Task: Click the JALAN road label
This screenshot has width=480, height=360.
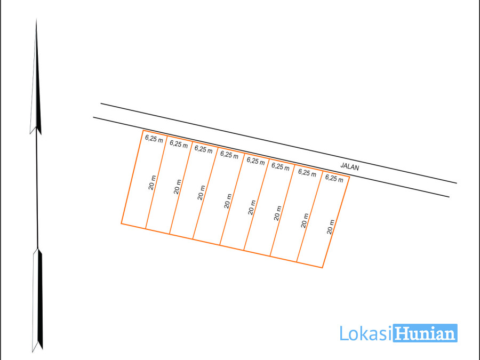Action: click(x=349, y=166)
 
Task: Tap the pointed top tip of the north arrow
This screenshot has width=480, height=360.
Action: click(x=36, y=19)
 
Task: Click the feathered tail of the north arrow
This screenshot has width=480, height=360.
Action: click(x=37, y=300)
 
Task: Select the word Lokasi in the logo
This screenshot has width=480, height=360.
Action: click(x=365, y=333)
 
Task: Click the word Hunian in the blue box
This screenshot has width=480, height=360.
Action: click(x=425, y=333)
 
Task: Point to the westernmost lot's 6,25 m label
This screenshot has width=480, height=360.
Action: click(x=154, y=139)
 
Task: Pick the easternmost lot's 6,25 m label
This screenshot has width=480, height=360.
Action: click(x=334, y=178)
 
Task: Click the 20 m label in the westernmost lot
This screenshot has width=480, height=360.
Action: click(x=152, y=182)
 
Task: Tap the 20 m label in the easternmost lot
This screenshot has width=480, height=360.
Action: click(x=331, y=227)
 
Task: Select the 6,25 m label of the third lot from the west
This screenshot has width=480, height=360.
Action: click(x=204, y=149)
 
